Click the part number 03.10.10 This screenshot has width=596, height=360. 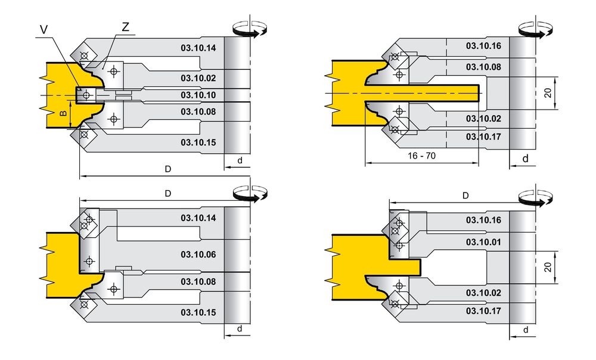(x=198, y=95)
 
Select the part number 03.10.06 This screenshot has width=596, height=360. (x=198, y=255)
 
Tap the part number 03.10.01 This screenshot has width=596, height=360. (x=483, y=243)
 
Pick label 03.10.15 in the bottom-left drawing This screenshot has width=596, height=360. (x=198, y=312)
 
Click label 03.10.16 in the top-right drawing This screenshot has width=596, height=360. (x=483, y=46)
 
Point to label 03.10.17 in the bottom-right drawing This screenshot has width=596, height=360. (x=483, y=311)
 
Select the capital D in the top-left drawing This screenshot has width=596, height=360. (x=168, y=169)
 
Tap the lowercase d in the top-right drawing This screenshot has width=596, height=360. (x=525, y=159)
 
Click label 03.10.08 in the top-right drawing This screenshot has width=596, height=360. (x=483, y=67)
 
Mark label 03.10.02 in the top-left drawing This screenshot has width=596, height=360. (x=198, y=77)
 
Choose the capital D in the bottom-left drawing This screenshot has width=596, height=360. (x=168, y=194)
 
